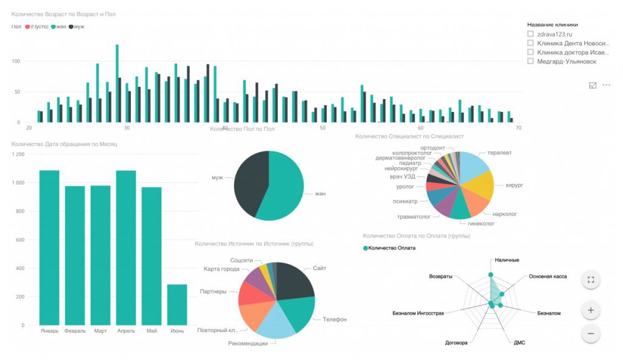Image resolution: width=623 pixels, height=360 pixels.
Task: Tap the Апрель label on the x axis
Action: pos(126,331)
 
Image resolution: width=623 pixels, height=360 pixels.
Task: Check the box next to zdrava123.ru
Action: pos(531,34)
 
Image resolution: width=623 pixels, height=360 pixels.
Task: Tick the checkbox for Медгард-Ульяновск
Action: pos(531,61)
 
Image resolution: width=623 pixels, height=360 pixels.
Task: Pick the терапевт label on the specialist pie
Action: pos(499,153)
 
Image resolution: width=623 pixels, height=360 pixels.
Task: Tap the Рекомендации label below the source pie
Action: pos(248,344)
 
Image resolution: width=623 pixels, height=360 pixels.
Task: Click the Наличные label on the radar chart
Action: pos(507,260)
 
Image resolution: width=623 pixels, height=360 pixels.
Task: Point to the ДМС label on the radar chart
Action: pos(519,343)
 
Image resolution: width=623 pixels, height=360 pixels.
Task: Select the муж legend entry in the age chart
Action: pos(77,27)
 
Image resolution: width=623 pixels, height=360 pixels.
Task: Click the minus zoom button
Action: pos(590,333)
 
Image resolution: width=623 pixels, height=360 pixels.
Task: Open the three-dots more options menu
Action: pos(606,85)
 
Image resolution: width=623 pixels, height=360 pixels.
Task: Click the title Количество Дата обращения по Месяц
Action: pos(64,144)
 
